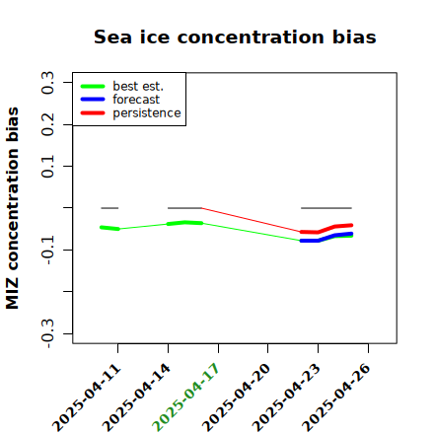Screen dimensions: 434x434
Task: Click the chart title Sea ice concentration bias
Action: pos(235,36)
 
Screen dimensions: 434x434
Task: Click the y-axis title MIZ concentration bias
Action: pos(13,208)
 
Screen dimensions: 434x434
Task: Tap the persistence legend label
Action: pos(147,113)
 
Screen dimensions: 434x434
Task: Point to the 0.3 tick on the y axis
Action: pos(48,83)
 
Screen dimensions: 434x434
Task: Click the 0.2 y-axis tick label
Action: pos(48,124)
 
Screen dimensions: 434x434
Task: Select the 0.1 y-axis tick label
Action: pos(48,167)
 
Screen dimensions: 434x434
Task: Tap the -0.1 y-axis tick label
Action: pos(48,250)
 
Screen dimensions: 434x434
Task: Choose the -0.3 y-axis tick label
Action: pos(48,333)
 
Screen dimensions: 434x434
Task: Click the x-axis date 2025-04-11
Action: pos(87,398)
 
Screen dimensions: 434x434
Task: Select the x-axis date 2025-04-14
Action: pos(136,398)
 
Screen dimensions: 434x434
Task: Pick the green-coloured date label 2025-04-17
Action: pos(185,398)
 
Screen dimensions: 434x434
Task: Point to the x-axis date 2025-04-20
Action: pos(236,398)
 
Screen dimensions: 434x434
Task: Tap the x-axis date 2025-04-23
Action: pos(286,398)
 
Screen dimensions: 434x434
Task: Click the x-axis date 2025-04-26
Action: pos(336,398)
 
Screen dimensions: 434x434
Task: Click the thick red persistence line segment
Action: pos(326,229)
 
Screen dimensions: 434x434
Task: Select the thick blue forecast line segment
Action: pos(326,238)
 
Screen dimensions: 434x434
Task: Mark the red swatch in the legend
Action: pos(93,113)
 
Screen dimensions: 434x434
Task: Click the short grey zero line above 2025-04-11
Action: pos(109,208)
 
